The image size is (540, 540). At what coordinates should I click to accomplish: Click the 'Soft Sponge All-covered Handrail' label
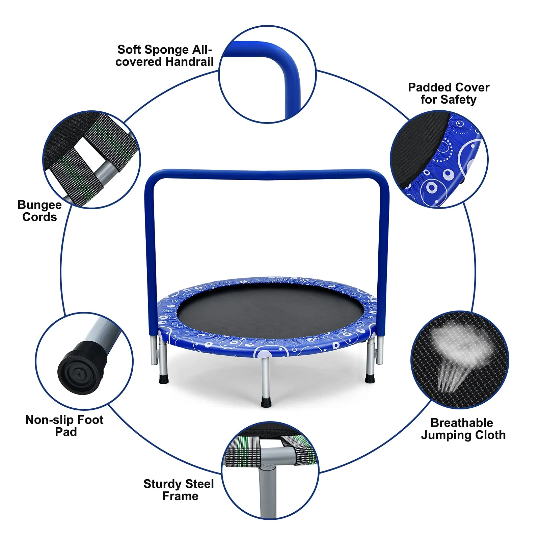164,56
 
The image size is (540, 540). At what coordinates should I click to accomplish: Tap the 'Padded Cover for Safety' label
449,93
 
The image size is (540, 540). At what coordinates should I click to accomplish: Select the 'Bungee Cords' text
39,211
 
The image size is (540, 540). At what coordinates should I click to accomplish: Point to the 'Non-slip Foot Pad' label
64,426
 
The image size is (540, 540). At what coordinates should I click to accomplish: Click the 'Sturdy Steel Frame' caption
179,490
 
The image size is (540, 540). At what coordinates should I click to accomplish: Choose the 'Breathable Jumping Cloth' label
463,429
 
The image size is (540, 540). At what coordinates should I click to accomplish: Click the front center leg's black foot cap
266,403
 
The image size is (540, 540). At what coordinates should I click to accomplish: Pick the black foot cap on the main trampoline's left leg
164,379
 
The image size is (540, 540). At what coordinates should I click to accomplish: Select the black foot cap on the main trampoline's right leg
370,378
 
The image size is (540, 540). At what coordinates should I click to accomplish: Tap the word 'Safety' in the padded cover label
458,100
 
